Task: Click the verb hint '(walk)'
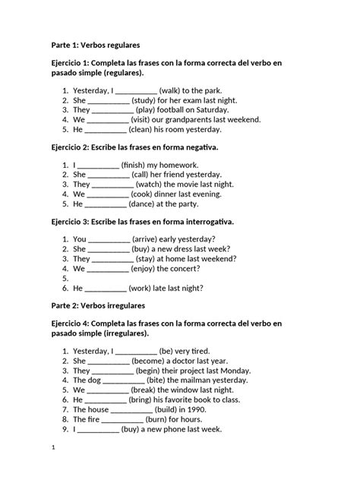click(x=173, y=90)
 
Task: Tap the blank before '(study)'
click(x=109, y=99)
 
